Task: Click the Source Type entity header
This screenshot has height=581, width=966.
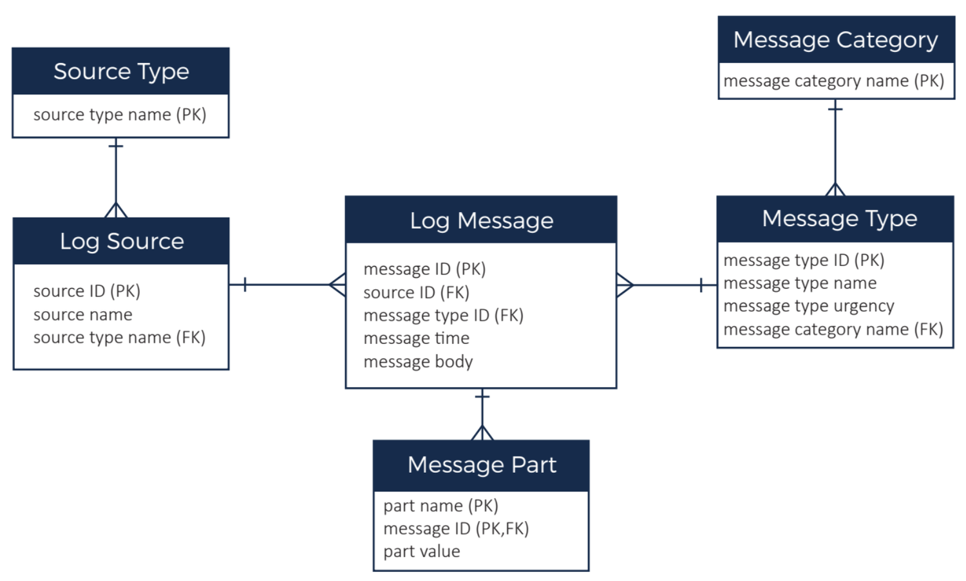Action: click(x=120, y=71)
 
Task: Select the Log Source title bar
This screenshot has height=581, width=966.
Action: click(x=121, y=242)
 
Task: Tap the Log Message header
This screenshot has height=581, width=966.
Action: click(x=481, y=220)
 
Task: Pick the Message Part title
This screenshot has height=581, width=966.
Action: click(x=481, y=465)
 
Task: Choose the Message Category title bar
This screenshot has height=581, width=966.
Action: click(x=835, y=40)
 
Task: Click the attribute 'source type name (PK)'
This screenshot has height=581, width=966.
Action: click(x=120, y=115)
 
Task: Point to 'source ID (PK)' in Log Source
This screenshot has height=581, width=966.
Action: click(x=87, y=291)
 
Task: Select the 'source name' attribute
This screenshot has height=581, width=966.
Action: click(x=82, y=315)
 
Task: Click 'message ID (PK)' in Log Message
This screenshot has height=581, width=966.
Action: click(x=424, y=269)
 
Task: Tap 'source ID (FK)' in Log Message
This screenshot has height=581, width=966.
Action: click(x=416, y=292)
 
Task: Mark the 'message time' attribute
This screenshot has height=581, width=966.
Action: click(x=416, y=339)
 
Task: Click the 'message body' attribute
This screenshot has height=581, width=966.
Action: click(x=418, y=362)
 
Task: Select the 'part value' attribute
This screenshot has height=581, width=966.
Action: click(x=422, y=552)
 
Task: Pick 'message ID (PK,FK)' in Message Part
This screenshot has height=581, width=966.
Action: click(x=456, y=529)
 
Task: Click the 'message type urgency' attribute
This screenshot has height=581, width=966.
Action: click(x=808, y=307)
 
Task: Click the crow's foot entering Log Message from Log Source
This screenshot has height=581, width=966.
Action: click(x=337, y=285)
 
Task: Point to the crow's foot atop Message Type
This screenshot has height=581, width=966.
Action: click(x=835, y=189)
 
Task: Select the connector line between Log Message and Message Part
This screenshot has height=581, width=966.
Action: click(x=482, y=412)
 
